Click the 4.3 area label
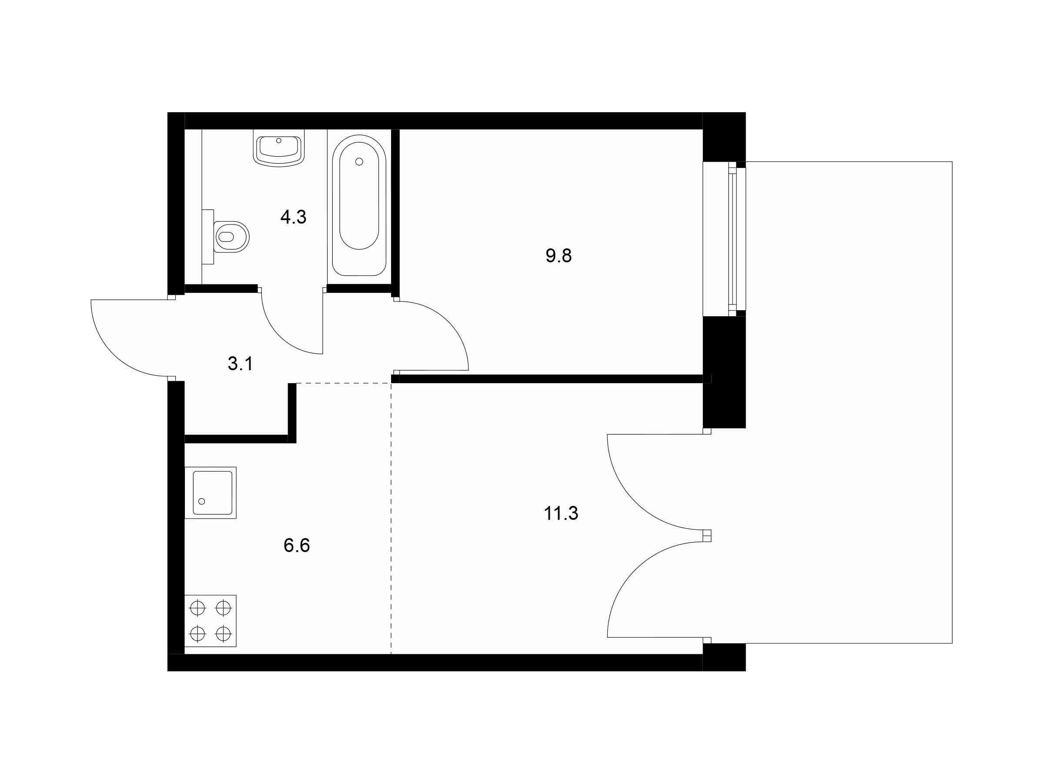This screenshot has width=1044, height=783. (x=293, y=217)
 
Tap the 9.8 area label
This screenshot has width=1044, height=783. (x=559, y=256)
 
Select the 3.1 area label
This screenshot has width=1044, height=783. (x=240, y=363)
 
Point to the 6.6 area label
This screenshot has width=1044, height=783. (x=296, y=545)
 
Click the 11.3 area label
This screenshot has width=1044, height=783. (x=561, y=513)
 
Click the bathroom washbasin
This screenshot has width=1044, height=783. (x=278, y=149)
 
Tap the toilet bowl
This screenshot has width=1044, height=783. (x=231, y=237)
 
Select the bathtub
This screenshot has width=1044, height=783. (x=359, y=205)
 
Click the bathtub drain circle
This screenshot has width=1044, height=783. (x=359, y=161)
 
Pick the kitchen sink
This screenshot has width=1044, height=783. (x=211, y=493)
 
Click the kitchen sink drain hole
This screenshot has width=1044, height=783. (x=201, y=501)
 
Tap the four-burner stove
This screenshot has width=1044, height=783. (x=211, y=621)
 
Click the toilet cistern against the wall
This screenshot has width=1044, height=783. (x=207, y=237)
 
